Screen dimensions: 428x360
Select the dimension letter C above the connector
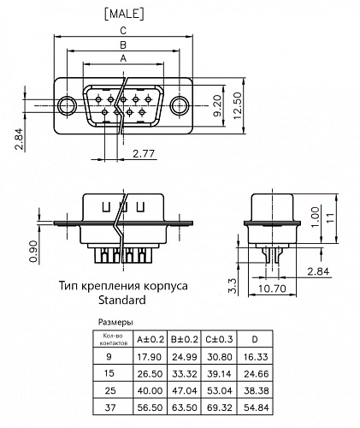click(124, 30)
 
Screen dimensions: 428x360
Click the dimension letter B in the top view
click(124, 45)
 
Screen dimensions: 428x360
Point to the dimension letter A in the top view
click(124, 58)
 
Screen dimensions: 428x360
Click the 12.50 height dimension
click(242, 105)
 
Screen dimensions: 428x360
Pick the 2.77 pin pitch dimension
click(145, 155)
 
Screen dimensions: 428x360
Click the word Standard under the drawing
click(123, 300)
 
